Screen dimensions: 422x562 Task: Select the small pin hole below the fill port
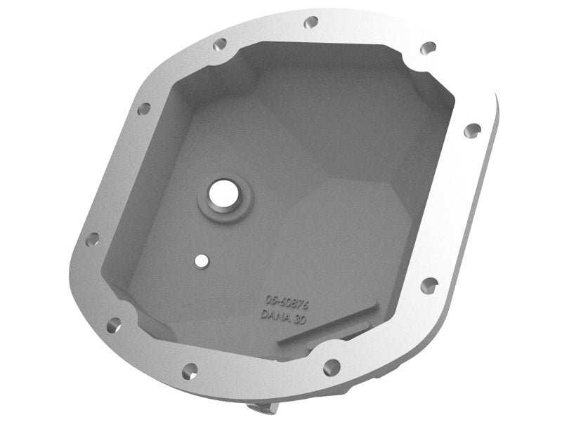[202, 261]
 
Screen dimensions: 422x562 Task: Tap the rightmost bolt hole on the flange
[473, 129]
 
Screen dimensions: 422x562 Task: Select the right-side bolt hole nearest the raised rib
[429, 284]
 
